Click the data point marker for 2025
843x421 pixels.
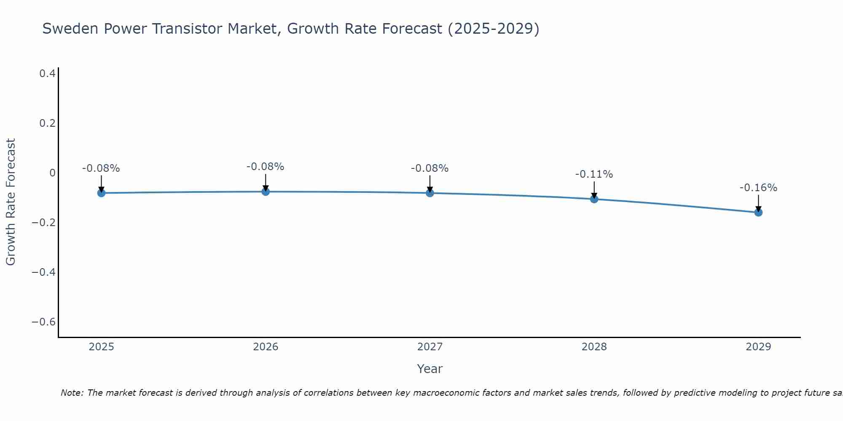coord(101,193)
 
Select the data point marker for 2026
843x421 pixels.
coord(266,192)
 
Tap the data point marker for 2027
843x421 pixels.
coord(430,193)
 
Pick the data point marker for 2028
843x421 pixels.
coord(594,199)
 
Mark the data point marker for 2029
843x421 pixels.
coord(758,212)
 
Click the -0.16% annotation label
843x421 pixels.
coord(758,188)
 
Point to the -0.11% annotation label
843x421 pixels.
coord(594,174)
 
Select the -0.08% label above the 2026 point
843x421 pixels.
coord(265,167)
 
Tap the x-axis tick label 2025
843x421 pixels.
coord(102,347)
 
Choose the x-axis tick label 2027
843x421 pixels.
coord(430,347)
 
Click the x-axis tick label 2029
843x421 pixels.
coord(758,347)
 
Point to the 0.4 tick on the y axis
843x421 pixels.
coord(47,74)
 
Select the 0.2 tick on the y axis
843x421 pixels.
coord(47,123)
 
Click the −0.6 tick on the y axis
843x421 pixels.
coord(44,322)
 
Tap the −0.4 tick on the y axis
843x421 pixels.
coord(44,272)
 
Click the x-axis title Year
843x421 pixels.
coord(430,369)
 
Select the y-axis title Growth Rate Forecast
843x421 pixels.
coord(11,202)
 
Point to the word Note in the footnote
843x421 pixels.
coord(72,393)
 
